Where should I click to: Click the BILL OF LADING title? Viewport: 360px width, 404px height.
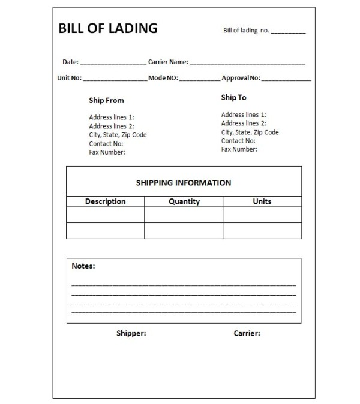(x=108, y=28)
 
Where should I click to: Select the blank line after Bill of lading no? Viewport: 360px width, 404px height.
(x=288, y=32)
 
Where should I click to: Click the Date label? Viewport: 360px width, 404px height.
(x=70, y=62)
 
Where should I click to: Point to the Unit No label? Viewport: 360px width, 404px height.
(x=69, y=78)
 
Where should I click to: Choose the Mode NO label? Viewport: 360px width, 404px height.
(x=163, y=78)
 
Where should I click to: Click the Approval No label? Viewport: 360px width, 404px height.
(x=241, y=78)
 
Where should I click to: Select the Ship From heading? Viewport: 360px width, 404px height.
(x=106, y=101)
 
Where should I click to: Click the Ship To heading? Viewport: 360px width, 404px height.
(x=233, y=97)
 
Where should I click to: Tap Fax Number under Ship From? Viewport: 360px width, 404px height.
(x=107, y=152)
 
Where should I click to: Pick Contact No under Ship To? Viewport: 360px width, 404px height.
(x=238, y=141)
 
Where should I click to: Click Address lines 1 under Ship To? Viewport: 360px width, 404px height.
(x=244, y=114)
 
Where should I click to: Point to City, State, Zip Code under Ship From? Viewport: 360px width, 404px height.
(x=118, y=135)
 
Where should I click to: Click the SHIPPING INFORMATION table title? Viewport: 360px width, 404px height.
(x=184, y=183)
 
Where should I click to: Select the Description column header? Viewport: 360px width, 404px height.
(x=105, y=201)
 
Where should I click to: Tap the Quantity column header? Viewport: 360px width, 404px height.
(x=184, y=201)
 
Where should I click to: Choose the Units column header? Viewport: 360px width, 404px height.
(x=262, y=201)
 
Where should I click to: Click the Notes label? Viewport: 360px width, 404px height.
(x=83, y=266)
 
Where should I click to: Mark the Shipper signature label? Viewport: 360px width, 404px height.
(x=131, y=333)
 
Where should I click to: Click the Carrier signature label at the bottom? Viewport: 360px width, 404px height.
(x=247, y=333)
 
